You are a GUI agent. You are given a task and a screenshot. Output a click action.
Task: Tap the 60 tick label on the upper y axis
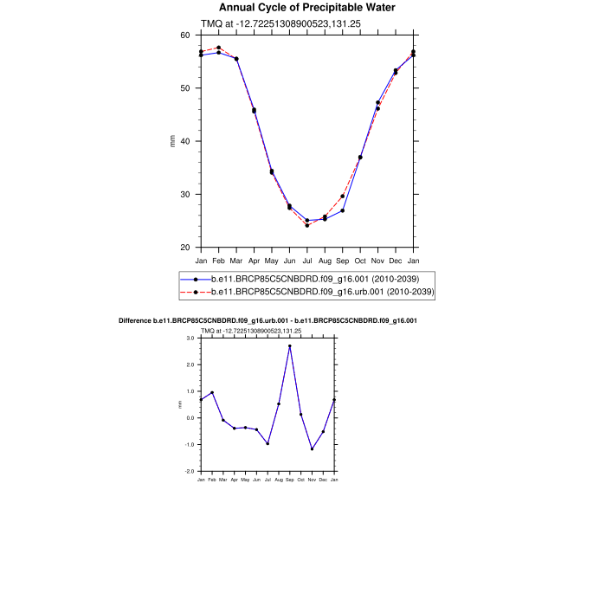(185, 35)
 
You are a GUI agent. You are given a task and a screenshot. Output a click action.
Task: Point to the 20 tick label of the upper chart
(185, 248)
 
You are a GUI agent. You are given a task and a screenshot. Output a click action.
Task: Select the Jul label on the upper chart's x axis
(307, 260)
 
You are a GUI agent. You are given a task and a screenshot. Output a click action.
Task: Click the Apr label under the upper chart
(254, 260)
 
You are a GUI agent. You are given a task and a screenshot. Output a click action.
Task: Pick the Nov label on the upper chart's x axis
(377, 260)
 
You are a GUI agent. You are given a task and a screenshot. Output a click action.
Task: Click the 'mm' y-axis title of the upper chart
(172, 141)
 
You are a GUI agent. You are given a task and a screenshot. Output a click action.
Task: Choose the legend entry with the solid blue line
(306, 279)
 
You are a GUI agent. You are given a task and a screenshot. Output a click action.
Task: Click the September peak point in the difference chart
(290, 346)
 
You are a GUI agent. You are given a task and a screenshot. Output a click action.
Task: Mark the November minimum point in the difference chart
(312, 448)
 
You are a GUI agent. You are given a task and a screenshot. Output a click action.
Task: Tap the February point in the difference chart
(212, 392)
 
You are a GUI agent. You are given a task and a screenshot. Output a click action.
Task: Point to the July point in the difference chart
(268, 443)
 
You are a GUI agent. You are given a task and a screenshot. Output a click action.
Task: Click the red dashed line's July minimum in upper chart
(307, 225)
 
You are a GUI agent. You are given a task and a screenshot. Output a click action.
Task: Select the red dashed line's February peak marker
(219, 48)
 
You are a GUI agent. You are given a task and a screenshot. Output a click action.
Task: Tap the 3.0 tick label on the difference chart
(190, 338)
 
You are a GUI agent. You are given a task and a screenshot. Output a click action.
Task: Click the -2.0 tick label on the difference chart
(189, 472)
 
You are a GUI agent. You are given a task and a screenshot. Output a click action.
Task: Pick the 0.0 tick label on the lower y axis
(190, 418)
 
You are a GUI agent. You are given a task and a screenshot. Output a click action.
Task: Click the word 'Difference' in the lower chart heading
(135, 321)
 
